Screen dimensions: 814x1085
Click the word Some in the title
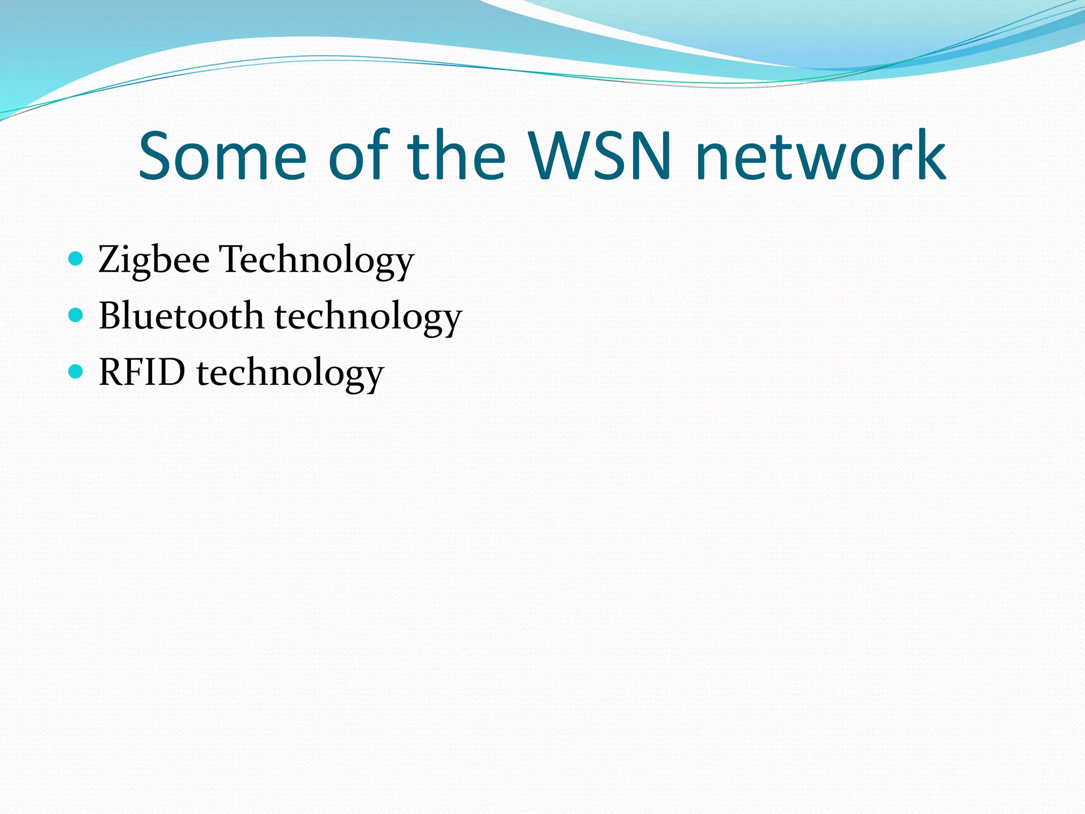[x=223, y=157]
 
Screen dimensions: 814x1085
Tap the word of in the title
[x=359, y=157]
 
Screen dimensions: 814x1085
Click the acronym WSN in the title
[x=601, y=157]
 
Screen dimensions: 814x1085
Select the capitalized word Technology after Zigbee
[x=317, y=260]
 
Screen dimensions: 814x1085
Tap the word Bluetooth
[x=181, y=316]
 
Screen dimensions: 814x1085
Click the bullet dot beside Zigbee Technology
[x=76, y=259]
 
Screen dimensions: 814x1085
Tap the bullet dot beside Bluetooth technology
[x=76, y=315]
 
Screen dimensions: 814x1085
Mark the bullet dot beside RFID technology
[x=76, y=371]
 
